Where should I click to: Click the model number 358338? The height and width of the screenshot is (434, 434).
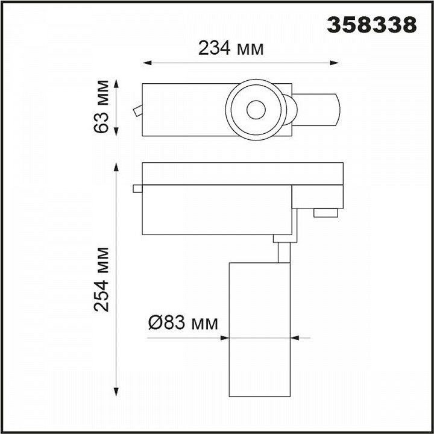pos(372,25)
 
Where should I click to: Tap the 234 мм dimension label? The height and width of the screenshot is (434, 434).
pos(231,48)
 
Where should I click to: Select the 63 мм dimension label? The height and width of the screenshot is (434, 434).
pos(101,107)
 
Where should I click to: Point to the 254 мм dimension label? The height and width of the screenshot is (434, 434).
pos(101,280)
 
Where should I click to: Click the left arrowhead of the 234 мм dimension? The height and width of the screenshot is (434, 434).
pos(147,63)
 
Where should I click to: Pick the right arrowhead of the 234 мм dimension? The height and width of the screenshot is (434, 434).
pos(334,63)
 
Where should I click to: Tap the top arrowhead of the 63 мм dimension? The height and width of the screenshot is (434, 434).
pos(116,84)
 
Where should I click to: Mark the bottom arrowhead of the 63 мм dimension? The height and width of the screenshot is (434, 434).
pos(116,131)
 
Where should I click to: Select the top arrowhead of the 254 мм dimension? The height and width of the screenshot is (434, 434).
pos(116,167)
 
